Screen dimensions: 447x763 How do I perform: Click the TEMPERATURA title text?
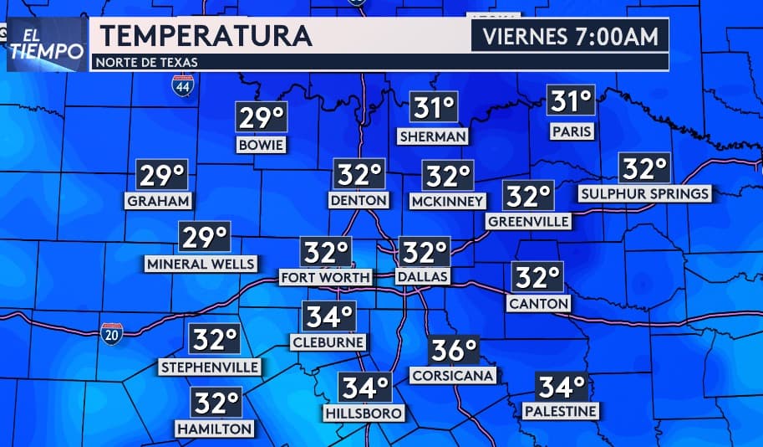[x=206, y=36]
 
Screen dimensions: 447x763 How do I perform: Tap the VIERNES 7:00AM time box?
[x=570, y=36]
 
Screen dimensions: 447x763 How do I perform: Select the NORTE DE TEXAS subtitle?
[x=147, y=62]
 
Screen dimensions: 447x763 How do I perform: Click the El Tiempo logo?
[x=47, y=44]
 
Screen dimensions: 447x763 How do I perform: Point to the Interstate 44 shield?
[x=183, y=85]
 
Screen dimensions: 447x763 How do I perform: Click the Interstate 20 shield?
[x=111, y=332]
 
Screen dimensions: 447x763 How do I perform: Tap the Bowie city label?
[x=262, y=146]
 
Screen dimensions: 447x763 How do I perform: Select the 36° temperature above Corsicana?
[x=454, y=350]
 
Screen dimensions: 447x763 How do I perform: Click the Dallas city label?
[x=422, y=276]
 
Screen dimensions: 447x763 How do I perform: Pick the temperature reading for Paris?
[x=572, y=102]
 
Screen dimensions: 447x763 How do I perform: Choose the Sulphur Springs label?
[x=644, y=194]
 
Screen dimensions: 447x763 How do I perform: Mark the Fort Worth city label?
[x=325, y=277]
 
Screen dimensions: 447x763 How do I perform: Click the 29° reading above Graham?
[x=161, y=176]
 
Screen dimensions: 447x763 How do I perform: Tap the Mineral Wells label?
[x=201, y=264]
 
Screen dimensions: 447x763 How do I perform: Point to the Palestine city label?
[x=560, y=411]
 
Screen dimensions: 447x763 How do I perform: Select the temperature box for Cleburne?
[x=328, y=316]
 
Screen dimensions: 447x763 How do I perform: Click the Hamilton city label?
[x=214, y=428]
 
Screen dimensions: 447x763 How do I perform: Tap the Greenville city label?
[x=528, y=221]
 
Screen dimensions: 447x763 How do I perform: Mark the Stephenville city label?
[x=210, y=367]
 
